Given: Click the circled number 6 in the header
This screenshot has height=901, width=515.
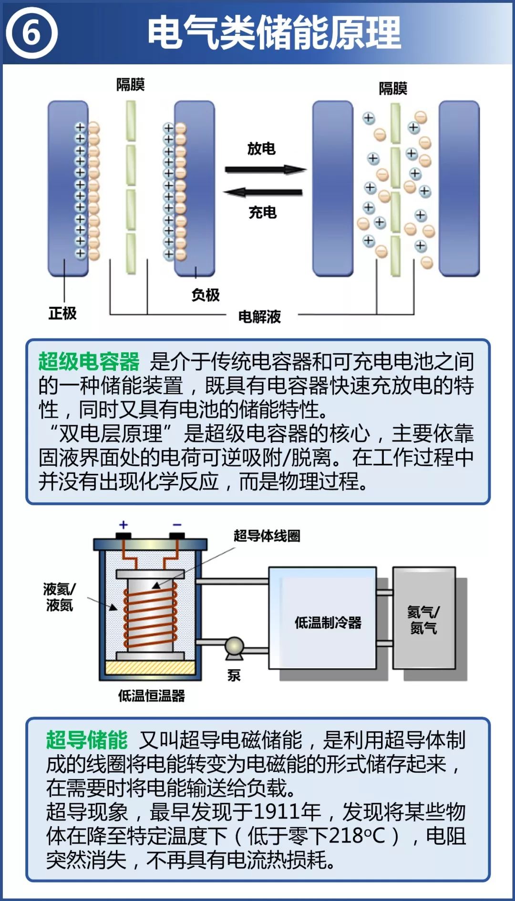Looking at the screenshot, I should (x=31, y=33).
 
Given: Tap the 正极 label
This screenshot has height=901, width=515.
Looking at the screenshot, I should (x=62, y=313).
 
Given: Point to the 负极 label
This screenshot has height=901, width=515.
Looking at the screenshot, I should (x=206, y=295).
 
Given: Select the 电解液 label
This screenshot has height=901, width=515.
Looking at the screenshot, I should (x=260, y=316).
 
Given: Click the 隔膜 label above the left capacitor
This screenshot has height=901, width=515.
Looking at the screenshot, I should (x=130, y=85).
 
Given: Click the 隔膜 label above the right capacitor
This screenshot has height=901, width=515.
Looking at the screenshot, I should (x=393, y=88).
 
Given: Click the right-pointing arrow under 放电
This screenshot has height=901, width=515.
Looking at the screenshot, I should (x=265, y=169).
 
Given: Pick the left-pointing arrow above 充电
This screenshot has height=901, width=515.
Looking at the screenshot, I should (x=263, y=193).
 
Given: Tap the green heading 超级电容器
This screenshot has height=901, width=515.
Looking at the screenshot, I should (x=89, y=361).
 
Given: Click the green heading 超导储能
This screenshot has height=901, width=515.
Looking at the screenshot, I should (x=87, y=740).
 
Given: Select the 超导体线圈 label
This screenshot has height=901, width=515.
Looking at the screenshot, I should (x=267, y=536).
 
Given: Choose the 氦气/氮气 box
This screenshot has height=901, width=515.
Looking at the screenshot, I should (x=423, y=619).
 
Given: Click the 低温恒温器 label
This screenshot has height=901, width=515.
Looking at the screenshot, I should (x=151, y=696).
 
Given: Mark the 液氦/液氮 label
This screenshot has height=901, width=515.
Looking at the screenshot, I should (x=59, y=597).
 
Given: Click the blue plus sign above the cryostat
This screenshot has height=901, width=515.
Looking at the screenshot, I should (x=124, y=525).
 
